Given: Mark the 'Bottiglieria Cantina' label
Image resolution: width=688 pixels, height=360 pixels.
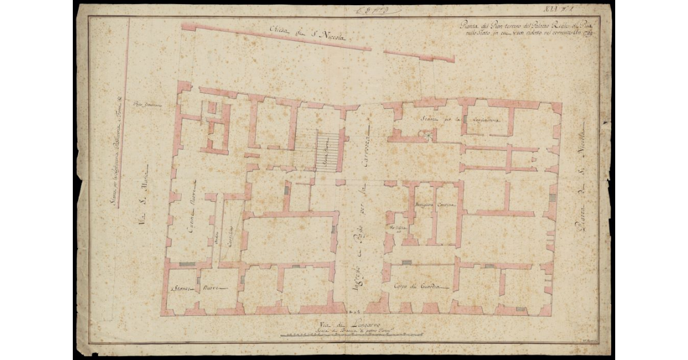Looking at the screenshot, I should click(432, 205).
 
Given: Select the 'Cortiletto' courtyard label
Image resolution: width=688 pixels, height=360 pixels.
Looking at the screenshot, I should click(229, 235).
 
